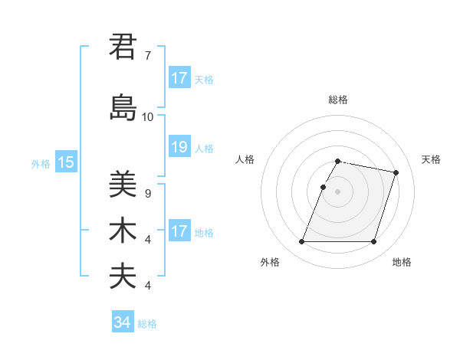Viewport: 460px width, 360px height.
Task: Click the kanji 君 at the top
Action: (x=123, y=46)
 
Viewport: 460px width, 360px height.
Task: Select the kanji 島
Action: (x=123, y=108)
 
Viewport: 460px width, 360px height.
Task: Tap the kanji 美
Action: (x=123, y=185)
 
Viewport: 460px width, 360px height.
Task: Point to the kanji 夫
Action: (x=123, y=277)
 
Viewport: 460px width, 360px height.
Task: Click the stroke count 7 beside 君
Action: (x=147, y=55)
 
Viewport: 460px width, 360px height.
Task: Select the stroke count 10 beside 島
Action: (x=147, y=117)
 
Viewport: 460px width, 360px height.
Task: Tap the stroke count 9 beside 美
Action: (x=147, y=194)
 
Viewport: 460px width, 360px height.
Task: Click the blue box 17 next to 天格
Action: (x=179, y=78)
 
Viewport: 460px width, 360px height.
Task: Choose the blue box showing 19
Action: (x=179, y=147)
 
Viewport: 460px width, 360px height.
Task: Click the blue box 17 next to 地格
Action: (x=179, y=231)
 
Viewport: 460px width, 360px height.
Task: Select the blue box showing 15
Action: (x=66, y=162)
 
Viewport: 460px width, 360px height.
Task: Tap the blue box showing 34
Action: (x=122, y=322)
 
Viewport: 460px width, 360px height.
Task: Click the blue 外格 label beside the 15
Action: (x=41, y=163)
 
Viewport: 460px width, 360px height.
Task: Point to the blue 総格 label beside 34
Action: (x=147, y=324)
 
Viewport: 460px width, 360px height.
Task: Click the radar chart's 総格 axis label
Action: (x=338, y=100)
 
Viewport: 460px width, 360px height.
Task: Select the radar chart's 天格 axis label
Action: (x=431, y=159)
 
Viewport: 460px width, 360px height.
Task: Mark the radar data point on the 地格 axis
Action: (x=373, y=242)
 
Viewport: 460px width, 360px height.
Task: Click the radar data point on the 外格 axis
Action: (x=302, y=242)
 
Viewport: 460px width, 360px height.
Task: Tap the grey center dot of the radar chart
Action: (x=337, y=191)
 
